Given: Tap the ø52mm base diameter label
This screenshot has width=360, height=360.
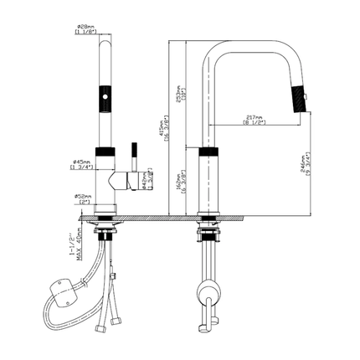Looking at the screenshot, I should coord(83,199).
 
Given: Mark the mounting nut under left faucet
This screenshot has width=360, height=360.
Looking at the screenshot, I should coord(106,224).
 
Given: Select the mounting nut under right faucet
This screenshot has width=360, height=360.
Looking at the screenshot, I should coord(208,224).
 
